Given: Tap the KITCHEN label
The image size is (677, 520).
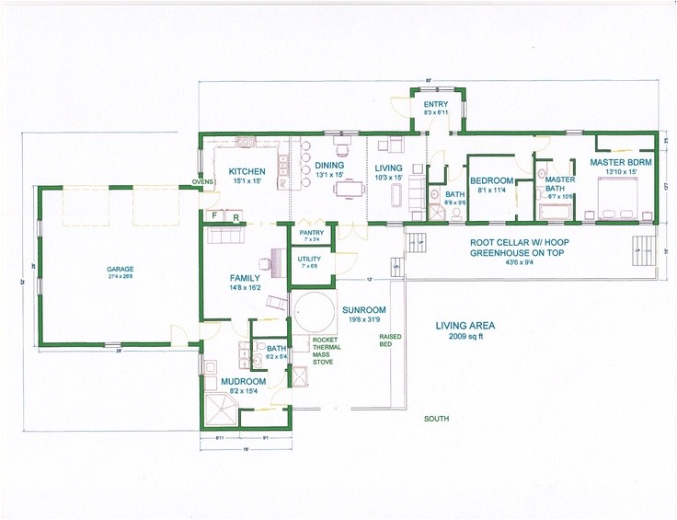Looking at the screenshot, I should point(247,171).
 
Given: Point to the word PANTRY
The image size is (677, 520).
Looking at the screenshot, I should point(310,233).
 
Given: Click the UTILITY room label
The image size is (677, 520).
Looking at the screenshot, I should point(309,259).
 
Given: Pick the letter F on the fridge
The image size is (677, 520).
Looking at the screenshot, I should point(214,216).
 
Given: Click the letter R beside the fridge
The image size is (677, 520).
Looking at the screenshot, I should point(235,217).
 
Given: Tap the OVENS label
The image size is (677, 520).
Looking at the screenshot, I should point(202,181).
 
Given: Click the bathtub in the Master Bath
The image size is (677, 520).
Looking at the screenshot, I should point(556,214).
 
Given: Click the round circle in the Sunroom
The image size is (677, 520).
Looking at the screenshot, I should point(313,312).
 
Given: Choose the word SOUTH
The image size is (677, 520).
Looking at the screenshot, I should point(437,419).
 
